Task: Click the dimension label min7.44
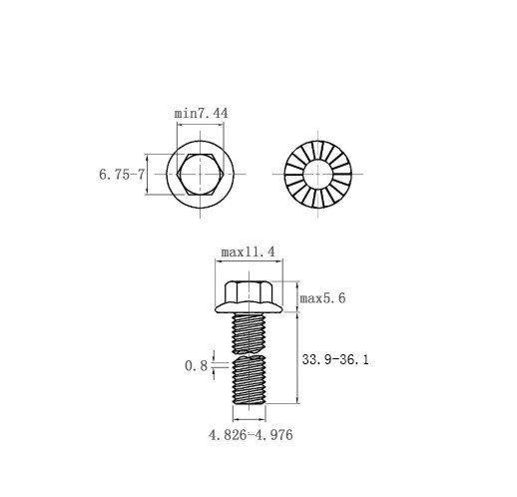(x=202, y=114)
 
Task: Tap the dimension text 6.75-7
(x=122, y=175)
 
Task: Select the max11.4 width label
(x=249, y=252)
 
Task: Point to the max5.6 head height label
(x=322, y=298)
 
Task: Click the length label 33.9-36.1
(x=335, y=359)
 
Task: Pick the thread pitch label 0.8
(x=196, y=366)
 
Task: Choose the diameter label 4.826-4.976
(x=251, y=435)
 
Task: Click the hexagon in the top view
(x=200, y=174)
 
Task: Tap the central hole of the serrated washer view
(x=318, y=174)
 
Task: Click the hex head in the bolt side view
(x=249, y=291)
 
